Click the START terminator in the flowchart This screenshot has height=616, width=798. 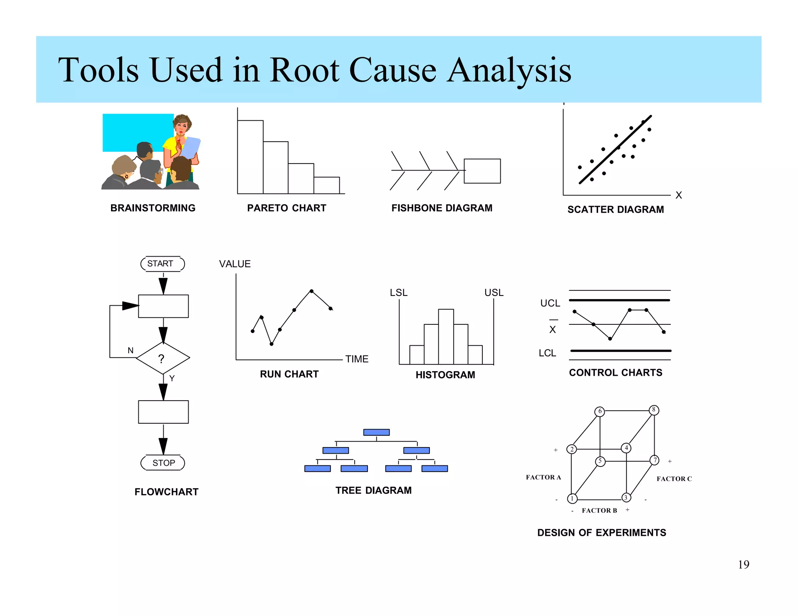[162, 264]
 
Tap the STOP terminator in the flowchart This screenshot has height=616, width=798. [163, 463]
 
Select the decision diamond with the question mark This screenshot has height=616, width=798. [163, 358]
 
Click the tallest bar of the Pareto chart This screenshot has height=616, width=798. [250, 157]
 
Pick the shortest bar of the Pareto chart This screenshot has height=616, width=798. [327, 185]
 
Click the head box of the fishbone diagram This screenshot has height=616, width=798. [482, 171]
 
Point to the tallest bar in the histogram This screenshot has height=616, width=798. [446, 336]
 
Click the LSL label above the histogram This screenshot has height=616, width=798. [399, 292]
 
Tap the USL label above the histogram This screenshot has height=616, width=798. [494, 292]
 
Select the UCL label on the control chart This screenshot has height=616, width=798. [550, 303]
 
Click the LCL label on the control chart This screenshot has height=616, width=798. [547, 353]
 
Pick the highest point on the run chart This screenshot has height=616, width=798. [311, 291]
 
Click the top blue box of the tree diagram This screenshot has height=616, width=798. [376, 432]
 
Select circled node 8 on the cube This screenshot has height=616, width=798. [654, 410]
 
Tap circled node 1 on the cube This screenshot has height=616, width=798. [572, 498]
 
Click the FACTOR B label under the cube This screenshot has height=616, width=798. [599, 510]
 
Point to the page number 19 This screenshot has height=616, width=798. [743, 564]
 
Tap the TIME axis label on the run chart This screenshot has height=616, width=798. [357, 359]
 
